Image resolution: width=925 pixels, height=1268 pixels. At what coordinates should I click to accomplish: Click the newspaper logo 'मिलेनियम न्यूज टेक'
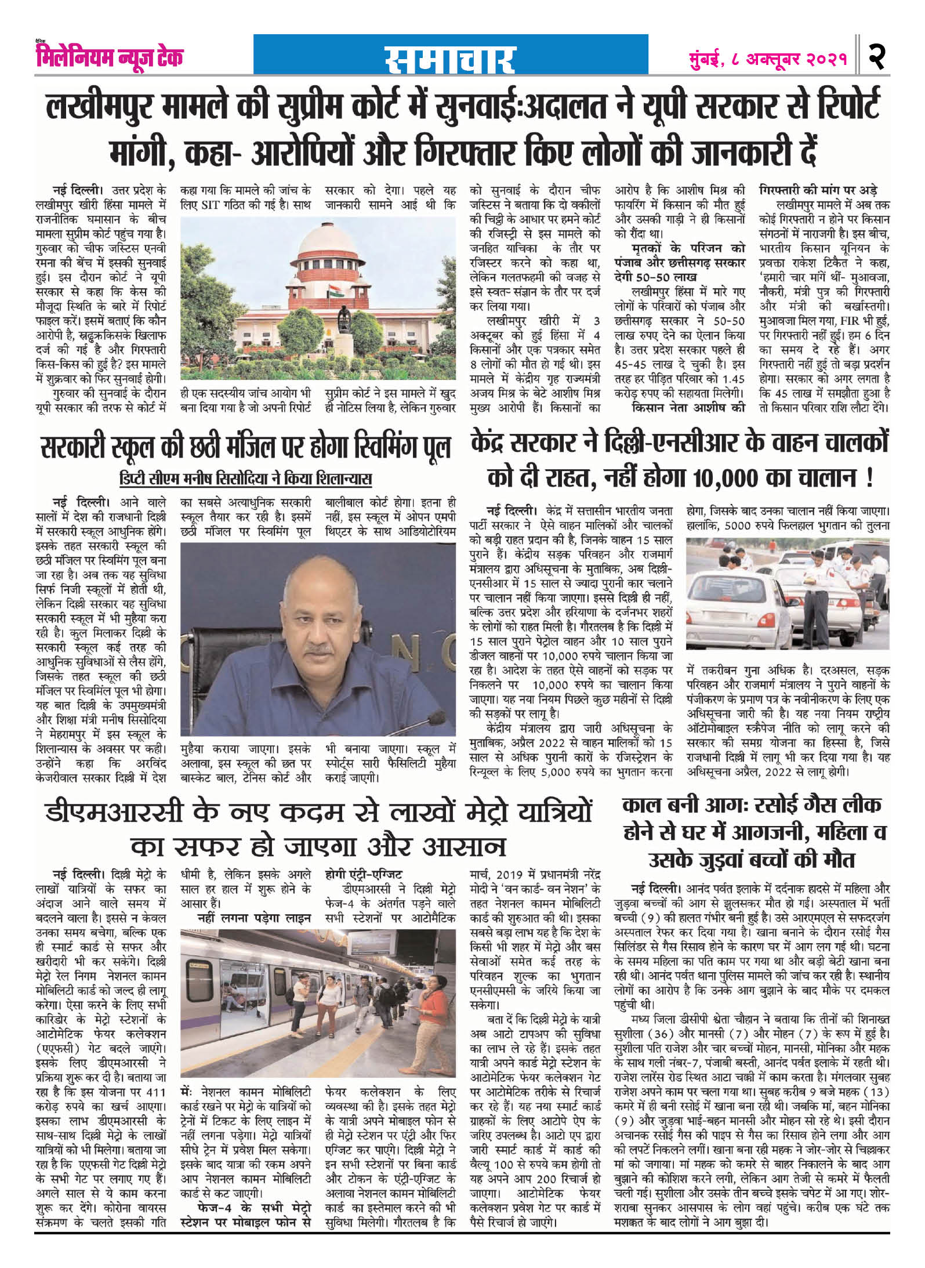pyautogui.click(x=107, y=56)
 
